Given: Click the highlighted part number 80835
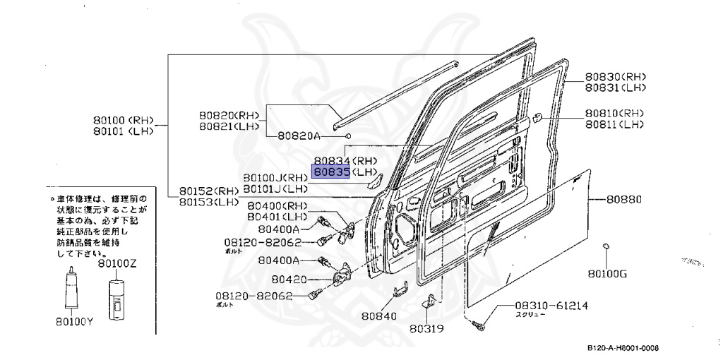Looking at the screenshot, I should pyautogui.click(x=332, y=172).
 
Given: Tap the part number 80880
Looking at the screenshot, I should pyautogui.click(x=623, y=200).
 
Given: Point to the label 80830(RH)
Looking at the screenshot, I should pyautogui.click(x=615, y=77).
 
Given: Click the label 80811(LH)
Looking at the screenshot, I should pyautogui.click(x=614, y=124).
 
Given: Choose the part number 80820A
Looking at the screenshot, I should pyautogui.click(x=299, y=136).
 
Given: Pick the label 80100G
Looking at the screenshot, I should pyautogui.click(x=607, y=272).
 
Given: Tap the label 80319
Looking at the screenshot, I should pyautogui.click(x=428, y=328).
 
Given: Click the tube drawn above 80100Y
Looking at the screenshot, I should pyautogui.click(x=71, y=290).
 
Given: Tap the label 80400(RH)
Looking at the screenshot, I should pyautogui.click(x=277, y=206).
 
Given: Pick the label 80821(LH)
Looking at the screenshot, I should pyautogui.click(x=228, y=126).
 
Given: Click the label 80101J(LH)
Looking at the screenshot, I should pyautogui.click(x=275, y=188).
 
